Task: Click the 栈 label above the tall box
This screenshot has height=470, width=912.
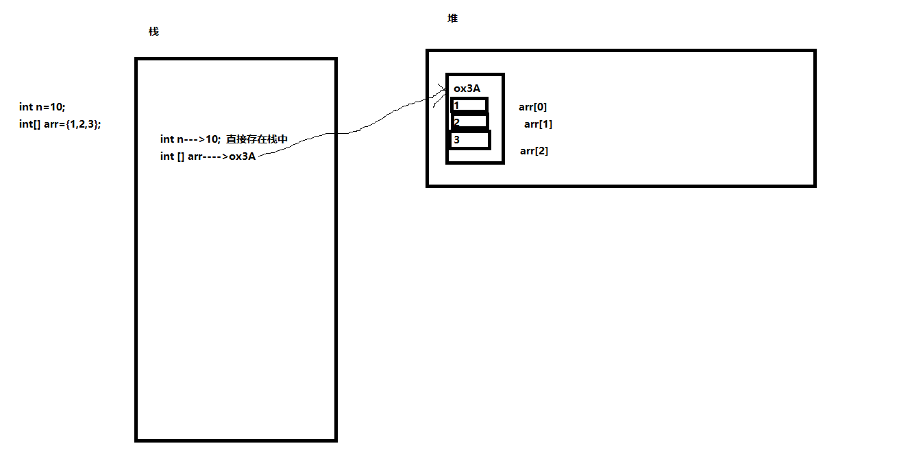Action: (153, 32)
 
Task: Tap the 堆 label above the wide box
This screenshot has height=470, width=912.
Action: (452, 19)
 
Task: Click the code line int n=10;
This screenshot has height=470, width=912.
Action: (42, 106)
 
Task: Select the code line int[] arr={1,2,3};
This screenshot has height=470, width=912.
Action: (60, 124)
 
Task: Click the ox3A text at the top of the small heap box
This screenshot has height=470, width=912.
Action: (467, 89)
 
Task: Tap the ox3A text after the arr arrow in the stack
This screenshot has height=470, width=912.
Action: (242, 156)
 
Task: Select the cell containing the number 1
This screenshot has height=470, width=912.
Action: (469, 106)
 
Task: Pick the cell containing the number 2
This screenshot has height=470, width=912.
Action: (469, 122)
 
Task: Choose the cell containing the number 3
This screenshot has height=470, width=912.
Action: (470, 140)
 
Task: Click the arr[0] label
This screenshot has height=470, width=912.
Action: (532, 107)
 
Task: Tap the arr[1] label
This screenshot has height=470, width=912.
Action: (538, 124)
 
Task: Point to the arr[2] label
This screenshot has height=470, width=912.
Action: (534, 151)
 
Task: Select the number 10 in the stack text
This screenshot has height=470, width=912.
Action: (212, 139)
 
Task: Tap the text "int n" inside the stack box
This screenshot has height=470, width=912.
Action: (171, 139)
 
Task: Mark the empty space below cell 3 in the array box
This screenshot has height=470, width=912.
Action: (474, 155)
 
